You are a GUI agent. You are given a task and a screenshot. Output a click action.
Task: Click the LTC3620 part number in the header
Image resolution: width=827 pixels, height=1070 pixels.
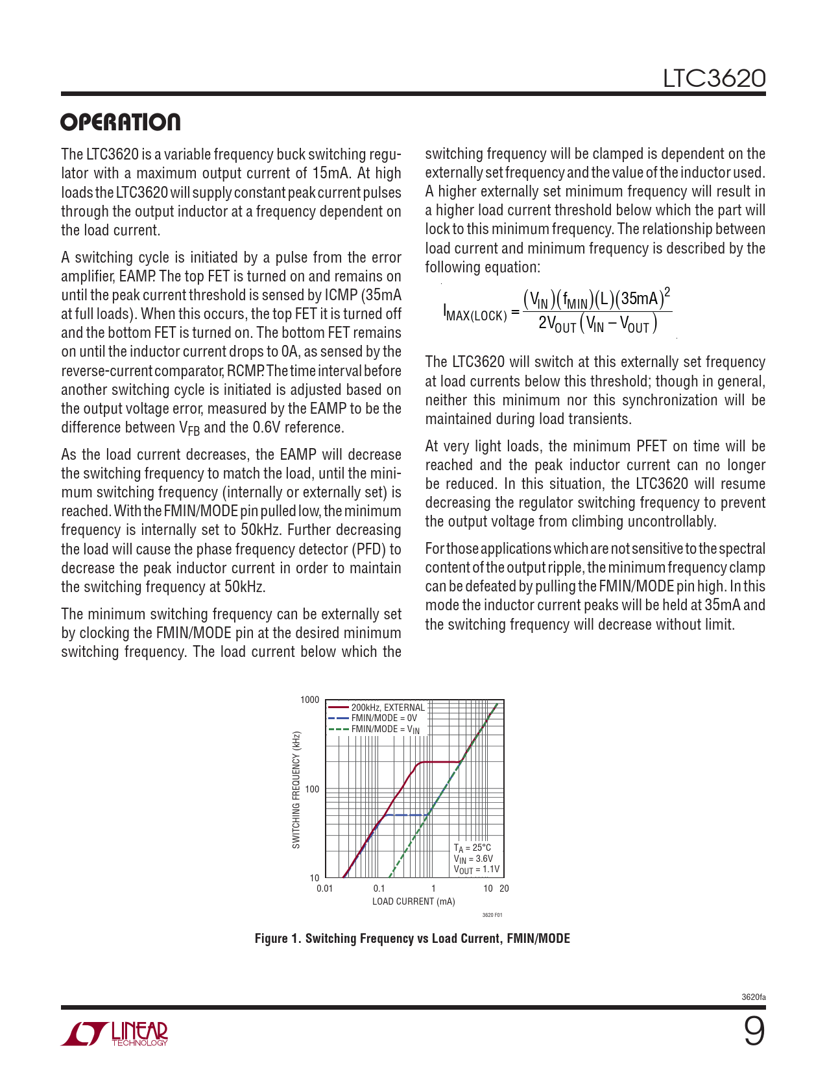coord(713,78)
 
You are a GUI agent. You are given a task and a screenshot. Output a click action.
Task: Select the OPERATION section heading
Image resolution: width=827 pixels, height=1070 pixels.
coord(121,123)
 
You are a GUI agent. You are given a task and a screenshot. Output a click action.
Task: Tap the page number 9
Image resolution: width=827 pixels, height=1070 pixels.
coord(754,1031)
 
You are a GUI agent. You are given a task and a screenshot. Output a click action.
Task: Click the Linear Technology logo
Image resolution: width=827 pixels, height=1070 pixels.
coord(115,1034)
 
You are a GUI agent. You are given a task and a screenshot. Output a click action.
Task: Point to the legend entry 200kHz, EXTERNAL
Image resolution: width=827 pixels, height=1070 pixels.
coord(387,707)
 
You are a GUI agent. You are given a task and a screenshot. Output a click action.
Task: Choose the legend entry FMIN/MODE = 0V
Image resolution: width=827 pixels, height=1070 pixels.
coord(383,718)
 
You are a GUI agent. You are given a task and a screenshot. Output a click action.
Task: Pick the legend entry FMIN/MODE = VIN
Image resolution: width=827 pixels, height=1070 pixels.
coord(385,729)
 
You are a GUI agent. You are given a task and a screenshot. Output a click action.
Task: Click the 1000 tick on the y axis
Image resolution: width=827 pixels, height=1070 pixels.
coord(310,700)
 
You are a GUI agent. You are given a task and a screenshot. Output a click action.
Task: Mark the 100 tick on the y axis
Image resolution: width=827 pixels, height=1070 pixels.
coord(312,789)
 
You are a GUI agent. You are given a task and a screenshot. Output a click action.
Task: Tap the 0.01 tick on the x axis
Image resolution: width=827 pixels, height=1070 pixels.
coord(324,888)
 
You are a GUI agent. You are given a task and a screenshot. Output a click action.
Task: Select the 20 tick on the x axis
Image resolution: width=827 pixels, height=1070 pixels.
coord(504,888)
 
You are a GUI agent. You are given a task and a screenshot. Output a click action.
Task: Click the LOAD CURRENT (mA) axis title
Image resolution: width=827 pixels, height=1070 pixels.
coord(413,901)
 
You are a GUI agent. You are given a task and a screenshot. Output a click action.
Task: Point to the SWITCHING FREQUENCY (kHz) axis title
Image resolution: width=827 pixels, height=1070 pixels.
coord(296,790)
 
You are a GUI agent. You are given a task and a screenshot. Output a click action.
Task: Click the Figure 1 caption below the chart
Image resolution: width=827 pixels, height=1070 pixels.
coord(412,938)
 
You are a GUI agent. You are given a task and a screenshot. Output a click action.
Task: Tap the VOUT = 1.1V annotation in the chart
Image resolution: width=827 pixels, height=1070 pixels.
coord(476,870)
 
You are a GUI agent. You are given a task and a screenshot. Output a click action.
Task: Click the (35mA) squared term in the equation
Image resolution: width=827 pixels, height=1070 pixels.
coord(643,298)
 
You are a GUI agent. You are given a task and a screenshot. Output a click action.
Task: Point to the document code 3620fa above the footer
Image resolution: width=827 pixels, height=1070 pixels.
coord(753,997)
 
